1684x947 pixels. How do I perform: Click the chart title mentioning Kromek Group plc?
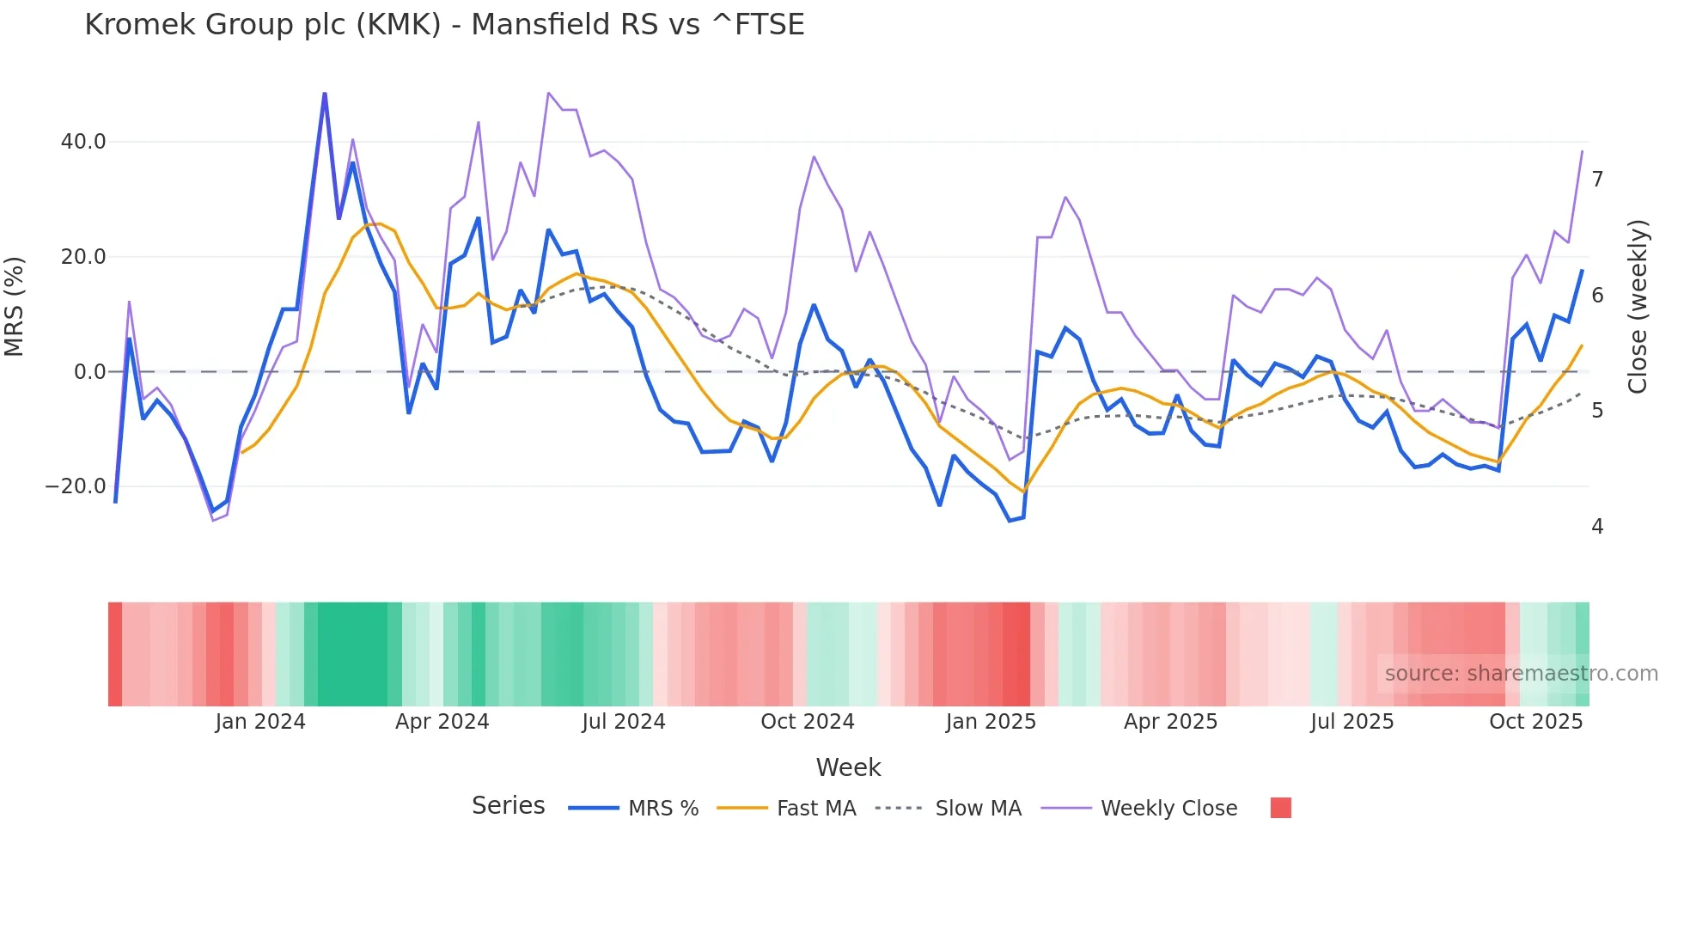(444, 25)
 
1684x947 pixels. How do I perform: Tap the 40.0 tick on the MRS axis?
(83, 142)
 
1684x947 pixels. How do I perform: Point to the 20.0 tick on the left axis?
(83, 257)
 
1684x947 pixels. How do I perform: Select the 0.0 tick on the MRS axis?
(90, 372)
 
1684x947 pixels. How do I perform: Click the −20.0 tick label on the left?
(76, 486)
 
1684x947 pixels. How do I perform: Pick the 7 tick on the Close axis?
(1597, 180)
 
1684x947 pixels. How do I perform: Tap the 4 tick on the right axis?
(1597, 526)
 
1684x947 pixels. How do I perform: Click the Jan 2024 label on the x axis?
(260, 722)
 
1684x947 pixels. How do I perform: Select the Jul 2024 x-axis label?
(624, 722)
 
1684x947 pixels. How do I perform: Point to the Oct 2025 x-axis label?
(1535, 722)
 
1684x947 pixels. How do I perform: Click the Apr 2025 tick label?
(1170, 722)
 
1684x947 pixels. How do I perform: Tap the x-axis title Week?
(848, 767)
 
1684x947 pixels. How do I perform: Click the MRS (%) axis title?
(15, 307)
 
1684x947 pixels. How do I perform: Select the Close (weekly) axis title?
(1638, 307)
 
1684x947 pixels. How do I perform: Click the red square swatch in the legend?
(1281, 808)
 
